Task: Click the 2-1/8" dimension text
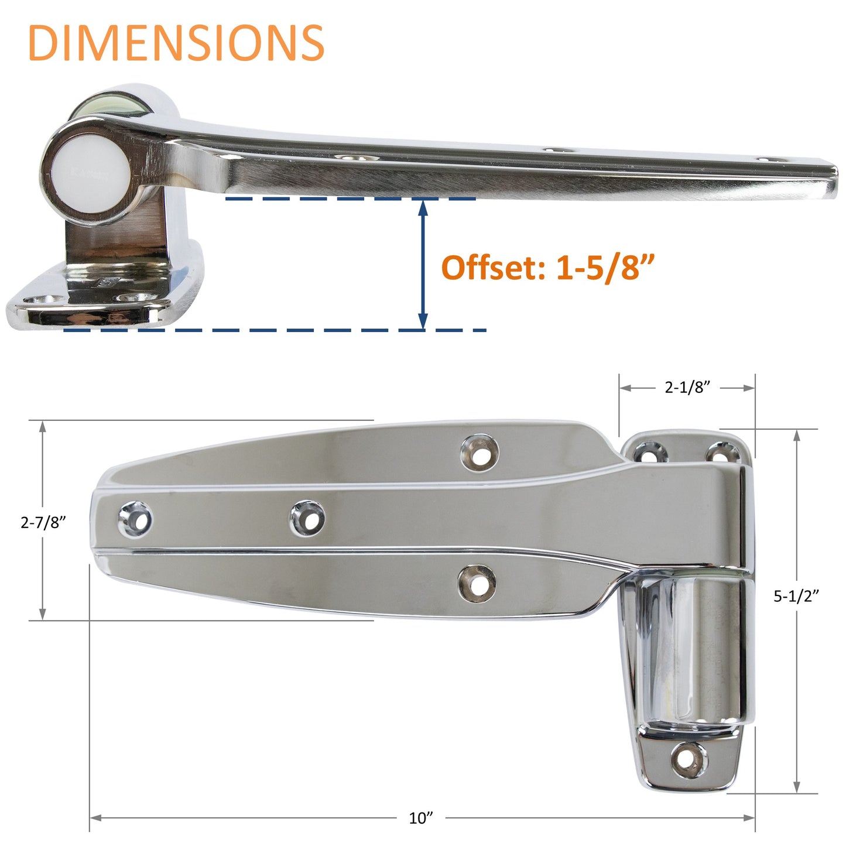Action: pyautogui.click(x=687, y=387)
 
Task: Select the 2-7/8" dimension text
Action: pyautogui.click(x=43, y=522)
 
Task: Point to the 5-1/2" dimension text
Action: pyautogui.click(x=796, y=596)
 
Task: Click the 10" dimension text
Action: pyautogui.click(x=421, y=818)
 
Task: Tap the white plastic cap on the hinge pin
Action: pyautogui.click(x=90, y=170)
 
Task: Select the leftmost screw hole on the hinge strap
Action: pyautogui.click(x=135, y=519)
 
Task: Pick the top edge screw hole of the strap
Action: pyautogui.click(x=479, y=453)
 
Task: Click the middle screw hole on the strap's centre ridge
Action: pyautogui.click(x=308, y=518)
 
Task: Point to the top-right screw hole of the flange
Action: pyautogui.click(x=723, y=453)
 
